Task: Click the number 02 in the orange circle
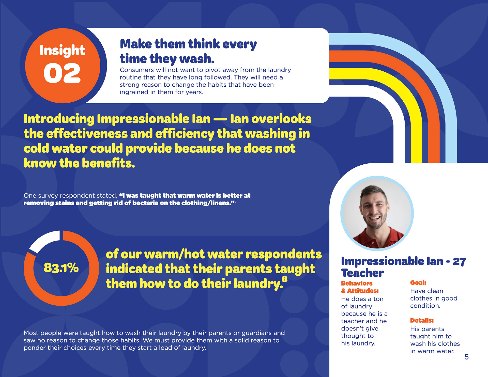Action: click(62, 73)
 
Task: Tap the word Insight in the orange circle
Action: click(62, 50)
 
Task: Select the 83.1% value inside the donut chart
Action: click(61, 268)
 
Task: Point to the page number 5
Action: click(466, 357)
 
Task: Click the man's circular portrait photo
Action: click(377, 213)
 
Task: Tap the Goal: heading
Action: click(418, 282)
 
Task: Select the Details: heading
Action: click(422, 320)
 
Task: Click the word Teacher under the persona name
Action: click(362, 273)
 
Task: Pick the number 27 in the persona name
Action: click(459, 261)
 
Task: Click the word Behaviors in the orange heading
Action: click(357, 283)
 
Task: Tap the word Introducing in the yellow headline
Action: click(59, 119)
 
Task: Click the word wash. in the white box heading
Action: click(197, 59)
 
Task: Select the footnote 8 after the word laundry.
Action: click(285, 279)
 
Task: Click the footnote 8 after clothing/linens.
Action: click(235, 201)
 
